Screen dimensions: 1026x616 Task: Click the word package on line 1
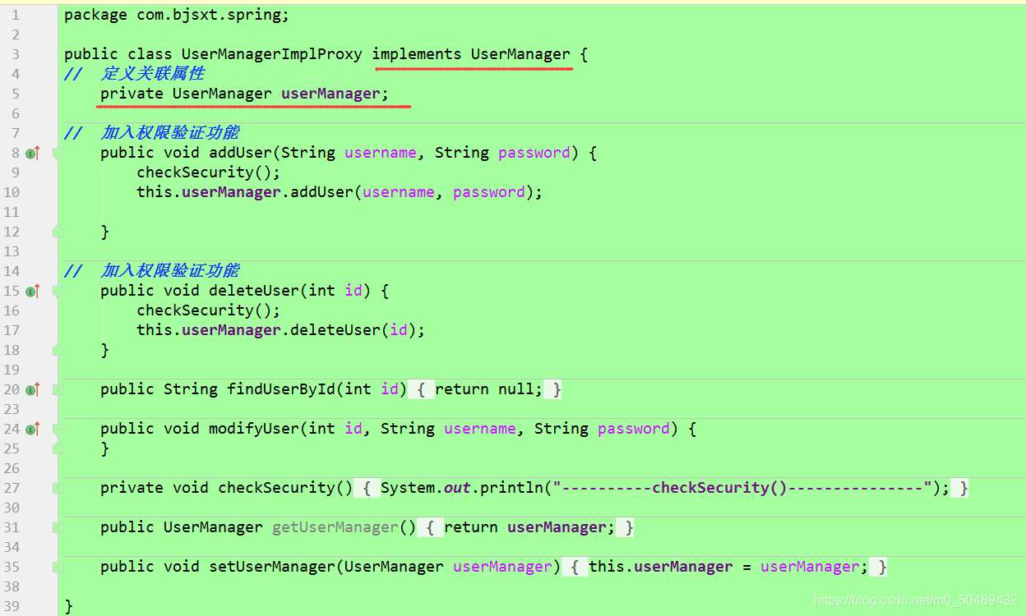(95, 15)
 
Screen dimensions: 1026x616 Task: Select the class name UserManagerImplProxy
(271, 54)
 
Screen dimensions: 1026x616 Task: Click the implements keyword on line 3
(417, 54)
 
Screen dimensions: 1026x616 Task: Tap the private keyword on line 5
(132, 94)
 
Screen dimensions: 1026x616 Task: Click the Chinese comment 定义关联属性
(153, 74)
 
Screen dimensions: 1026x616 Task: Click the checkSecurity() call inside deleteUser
(208, 310)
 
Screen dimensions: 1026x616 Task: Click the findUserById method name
(281, 389)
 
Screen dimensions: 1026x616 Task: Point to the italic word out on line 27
(457, 488)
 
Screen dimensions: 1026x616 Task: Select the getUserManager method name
(335, 527)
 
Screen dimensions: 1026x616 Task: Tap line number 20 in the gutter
(12, 389)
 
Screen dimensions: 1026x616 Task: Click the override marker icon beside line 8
(32, 153)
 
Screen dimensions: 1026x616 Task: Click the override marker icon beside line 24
(32, 429)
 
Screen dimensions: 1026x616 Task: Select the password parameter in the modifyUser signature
(634, 429)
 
